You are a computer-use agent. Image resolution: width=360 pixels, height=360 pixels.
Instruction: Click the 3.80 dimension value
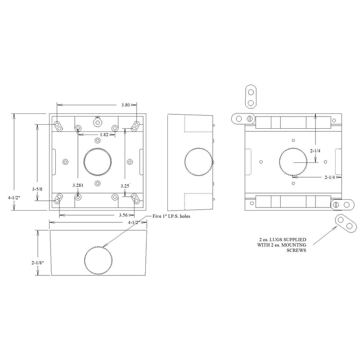pos(126,105)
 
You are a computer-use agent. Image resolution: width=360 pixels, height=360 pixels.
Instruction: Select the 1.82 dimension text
pos(104,135)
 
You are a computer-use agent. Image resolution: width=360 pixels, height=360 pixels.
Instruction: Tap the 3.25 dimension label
pos(126,185)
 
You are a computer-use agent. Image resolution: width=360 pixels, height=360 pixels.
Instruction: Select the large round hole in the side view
pos(199,162)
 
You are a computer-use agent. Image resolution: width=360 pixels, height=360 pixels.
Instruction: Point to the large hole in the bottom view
pos(98,261)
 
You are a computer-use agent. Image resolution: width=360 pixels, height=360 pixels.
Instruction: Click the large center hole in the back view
pos(293,162)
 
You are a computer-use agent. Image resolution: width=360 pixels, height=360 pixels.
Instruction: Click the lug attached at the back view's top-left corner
pos(243,118)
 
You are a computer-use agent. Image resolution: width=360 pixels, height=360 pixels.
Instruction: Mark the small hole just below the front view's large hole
pos(98,183)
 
